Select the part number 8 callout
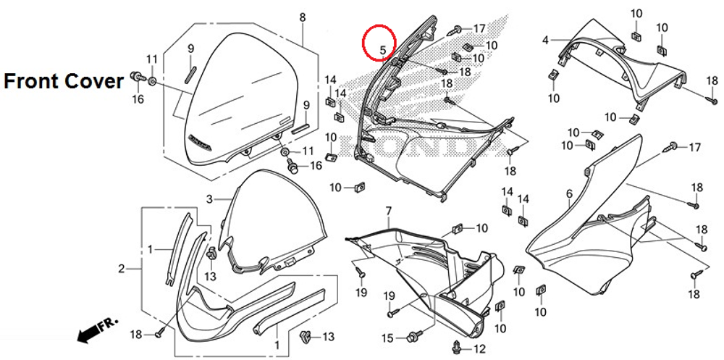pyautogui.click(x=303, y=17)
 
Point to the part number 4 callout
pyautogui.click(x=545, y=40)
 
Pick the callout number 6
pyautogui.click(x=569, y=193)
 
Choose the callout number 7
pyautogui.click(x=388, y=211)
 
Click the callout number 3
pyautogui.click(x=209, y=199)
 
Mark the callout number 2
pyautogui.click(x=122, y=269)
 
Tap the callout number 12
pyautogui.click(x=479, y=349)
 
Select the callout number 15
pyautogui.click(x=387, y=338)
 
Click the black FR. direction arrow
pyautogui.click(x=88, y=332)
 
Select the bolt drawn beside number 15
pyautogui.click(x=414, y=336)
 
